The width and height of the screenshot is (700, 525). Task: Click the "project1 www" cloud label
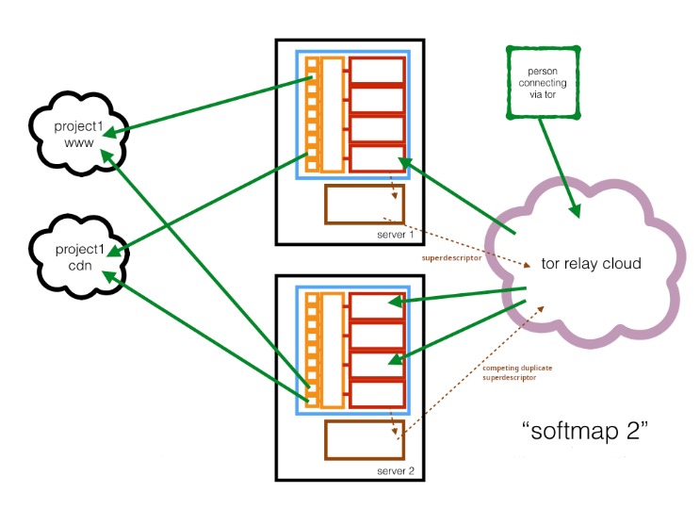click(x=78, y=135)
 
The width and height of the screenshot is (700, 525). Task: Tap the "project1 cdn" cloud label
click(x=79, y=257)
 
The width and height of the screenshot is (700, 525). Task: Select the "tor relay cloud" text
click(x=591, y=263)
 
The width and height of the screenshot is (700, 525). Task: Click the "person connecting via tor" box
click(x=543, y=83)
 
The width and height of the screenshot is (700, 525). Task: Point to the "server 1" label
click(x=395, y=235)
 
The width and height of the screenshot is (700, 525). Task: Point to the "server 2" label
click(x=396, y=471)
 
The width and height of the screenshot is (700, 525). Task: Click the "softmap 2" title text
click(x=585, y=431)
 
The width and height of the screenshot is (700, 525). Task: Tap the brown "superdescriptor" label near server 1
click(x=451, y=258)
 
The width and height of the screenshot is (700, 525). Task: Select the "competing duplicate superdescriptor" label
click(x=517, y=372)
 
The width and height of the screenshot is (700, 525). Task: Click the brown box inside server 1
click(x=365, y=205)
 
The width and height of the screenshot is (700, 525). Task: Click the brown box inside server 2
click(x=365, y=440)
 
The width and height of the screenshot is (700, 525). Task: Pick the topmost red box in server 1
click(x=377, y=70)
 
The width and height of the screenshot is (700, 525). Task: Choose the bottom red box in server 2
click(x=377, y=395)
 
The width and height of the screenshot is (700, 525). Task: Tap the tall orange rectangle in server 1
click(x=333, y=114)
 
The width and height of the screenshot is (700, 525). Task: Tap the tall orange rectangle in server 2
click(x=333, y=351)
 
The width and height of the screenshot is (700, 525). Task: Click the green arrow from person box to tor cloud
click(x=559, y=168)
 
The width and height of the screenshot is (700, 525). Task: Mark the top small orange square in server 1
click(x=312, y=63)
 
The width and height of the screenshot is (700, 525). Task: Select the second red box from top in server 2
click(x=377, y=336)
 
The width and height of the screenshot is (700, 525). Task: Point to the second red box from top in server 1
click(x=377, y=100)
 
